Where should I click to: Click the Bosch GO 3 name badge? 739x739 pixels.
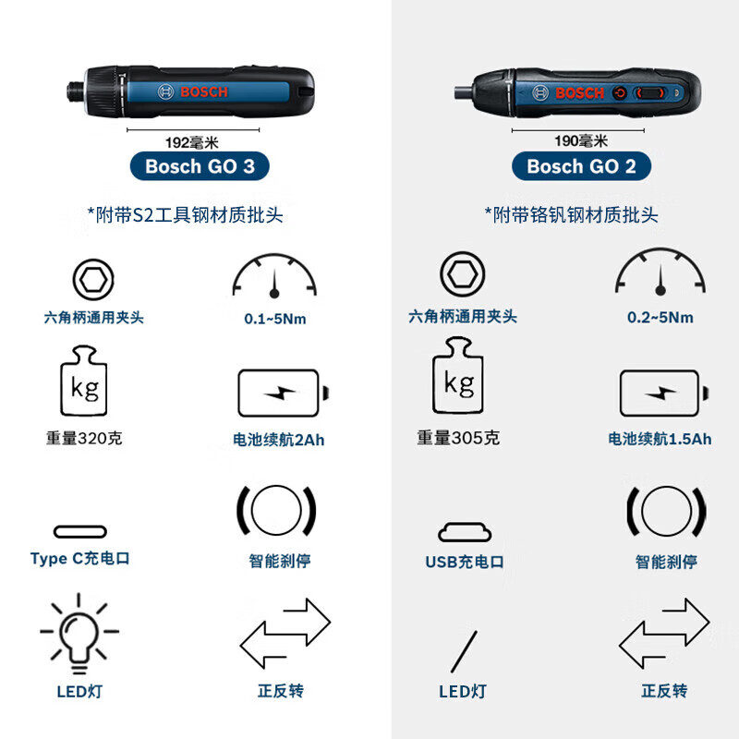200,166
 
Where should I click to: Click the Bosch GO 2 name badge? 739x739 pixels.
581,166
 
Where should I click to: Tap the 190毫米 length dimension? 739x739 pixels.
581,141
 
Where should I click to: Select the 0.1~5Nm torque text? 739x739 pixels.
274,319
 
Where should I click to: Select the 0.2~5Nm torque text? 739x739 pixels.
660,317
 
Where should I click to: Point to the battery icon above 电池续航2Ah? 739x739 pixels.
282,394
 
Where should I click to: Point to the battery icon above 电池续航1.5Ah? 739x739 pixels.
663,394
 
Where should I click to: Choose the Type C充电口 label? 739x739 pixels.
80,559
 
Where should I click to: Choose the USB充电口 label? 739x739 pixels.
465,562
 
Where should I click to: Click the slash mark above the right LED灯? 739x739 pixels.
464,651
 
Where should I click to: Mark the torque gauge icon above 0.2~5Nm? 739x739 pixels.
661,273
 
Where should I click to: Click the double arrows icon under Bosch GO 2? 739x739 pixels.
663,633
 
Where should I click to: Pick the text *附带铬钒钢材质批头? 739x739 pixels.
571,214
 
